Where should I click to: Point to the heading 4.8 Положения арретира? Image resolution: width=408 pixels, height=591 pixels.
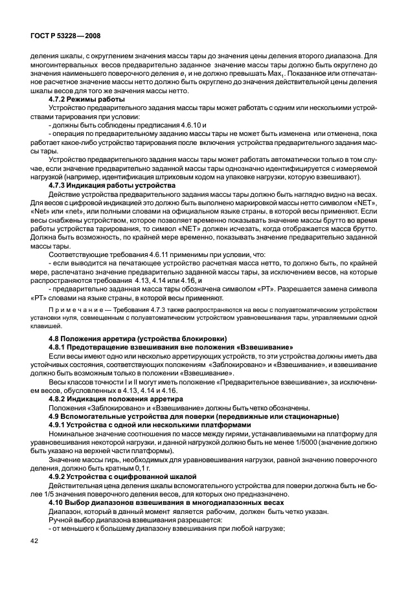(137, 339)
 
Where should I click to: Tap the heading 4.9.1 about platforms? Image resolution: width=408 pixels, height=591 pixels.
(139, 425)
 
